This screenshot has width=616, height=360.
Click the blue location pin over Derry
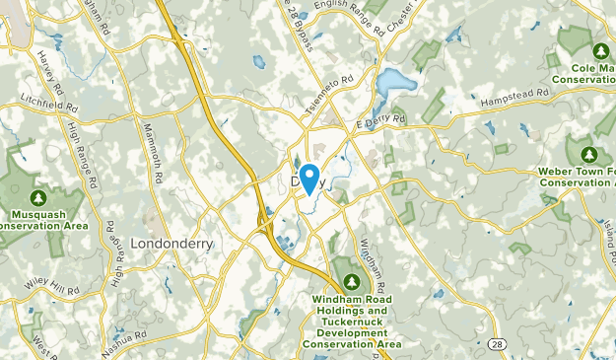click(x=308, y=178)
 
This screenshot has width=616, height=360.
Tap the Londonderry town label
click(x=172, y=243)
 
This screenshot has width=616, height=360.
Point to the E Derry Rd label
click(x=381, y=121)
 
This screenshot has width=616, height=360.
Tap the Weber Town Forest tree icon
click(x=590, y=155)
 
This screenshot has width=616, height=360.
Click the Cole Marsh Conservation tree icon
click(x=599, y=51)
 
